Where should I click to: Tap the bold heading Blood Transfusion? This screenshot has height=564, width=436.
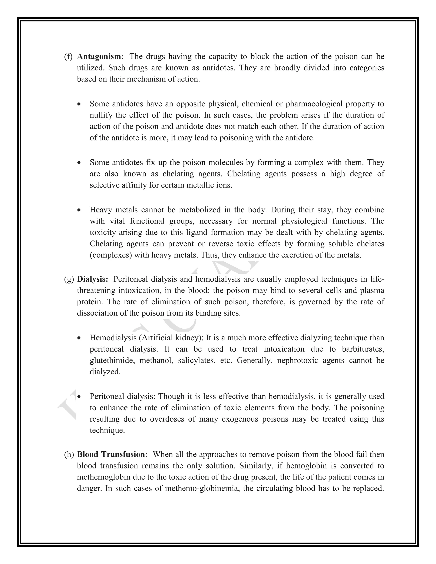(112, 454)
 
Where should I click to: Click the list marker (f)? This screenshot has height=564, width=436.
(69, 57)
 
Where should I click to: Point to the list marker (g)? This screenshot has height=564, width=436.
(69, 279)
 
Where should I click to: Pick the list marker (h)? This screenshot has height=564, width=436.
(69, 454)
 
